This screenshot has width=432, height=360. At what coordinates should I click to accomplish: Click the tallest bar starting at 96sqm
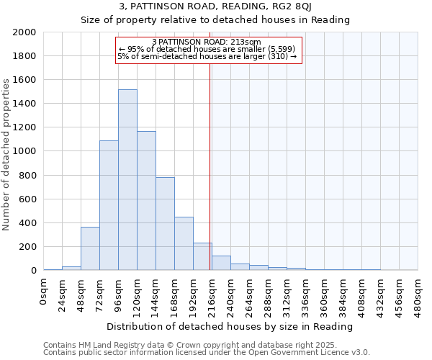pos(127,180)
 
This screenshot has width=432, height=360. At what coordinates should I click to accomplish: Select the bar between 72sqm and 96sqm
pos(109,205)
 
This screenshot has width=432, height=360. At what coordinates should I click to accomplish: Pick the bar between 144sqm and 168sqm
pos(165,224)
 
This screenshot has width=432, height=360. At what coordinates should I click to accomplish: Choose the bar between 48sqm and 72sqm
pos(90,248)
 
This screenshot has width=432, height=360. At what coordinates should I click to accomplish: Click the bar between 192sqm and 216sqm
pos(202,256)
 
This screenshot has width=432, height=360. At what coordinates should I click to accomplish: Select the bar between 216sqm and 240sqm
pos(221,263)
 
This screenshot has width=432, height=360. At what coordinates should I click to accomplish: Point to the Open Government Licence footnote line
pos(207,353)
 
